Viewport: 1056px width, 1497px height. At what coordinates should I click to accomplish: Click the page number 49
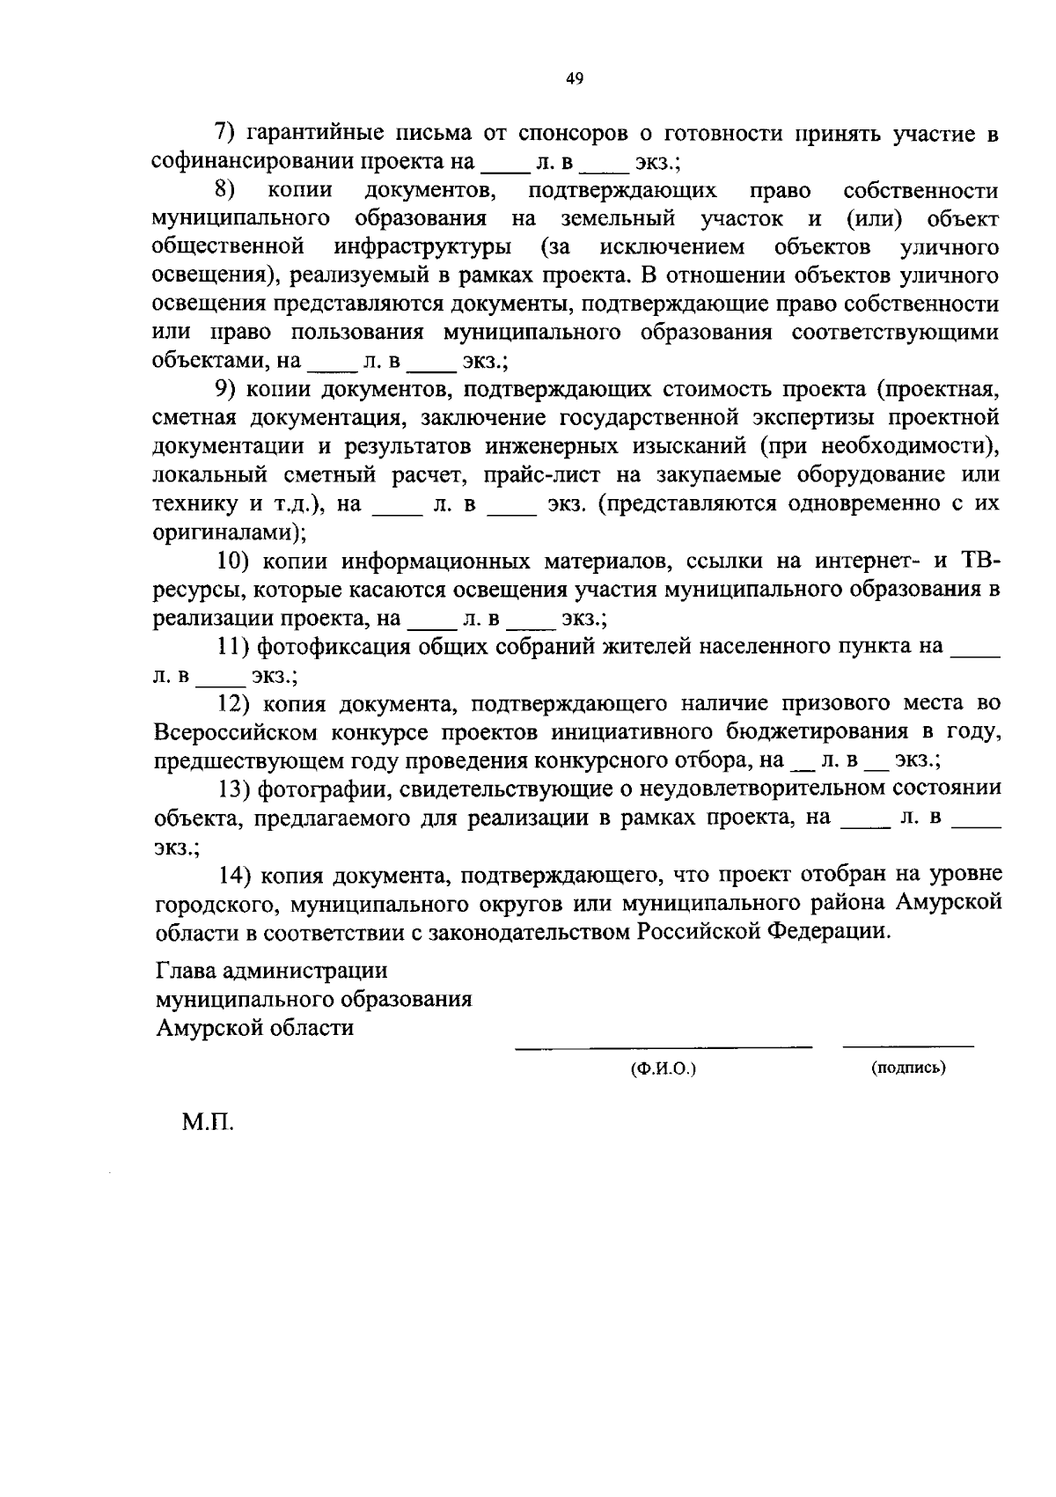coord(574,79)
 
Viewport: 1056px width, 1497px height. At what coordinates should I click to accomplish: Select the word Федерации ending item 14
coord(830,931)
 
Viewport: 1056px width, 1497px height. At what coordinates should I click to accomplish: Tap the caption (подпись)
coord(908,1068)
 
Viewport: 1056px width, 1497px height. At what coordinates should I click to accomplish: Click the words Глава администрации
coord(271,971)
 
